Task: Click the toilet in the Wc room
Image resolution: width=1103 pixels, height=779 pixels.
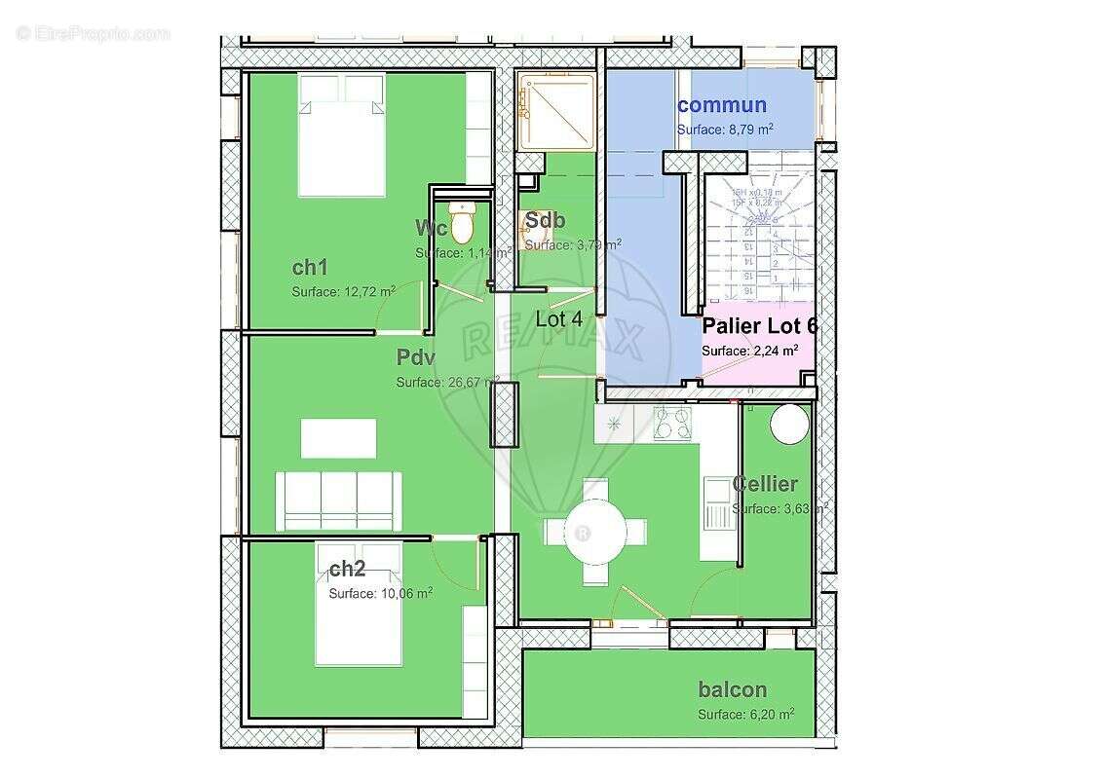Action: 462,223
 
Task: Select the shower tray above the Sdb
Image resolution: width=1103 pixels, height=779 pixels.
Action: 555,112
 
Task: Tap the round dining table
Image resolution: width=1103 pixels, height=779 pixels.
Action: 596,532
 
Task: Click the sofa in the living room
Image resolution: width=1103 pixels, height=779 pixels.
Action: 338,501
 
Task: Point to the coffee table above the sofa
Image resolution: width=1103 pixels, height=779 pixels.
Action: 338,438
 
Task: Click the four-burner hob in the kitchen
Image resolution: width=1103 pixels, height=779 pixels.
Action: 671,423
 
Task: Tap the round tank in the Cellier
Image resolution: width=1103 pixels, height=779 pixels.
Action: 789,425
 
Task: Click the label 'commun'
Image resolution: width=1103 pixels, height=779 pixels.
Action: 722,105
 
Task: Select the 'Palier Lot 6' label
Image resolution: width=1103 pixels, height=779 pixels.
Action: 759,326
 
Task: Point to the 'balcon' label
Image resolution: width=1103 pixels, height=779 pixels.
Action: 733,689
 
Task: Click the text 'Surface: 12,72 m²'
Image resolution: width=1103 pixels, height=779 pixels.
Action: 343,291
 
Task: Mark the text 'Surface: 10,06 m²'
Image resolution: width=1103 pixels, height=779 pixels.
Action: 380,593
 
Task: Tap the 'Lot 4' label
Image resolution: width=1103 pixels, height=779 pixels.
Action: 559,318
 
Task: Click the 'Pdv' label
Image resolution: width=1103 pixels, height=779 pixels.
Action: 415,358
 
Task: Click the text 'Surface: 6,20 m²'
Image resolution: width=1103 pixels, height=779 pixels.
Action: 745,714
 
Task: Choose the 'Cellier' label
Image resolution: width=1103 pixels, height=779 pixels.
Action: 765,484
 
